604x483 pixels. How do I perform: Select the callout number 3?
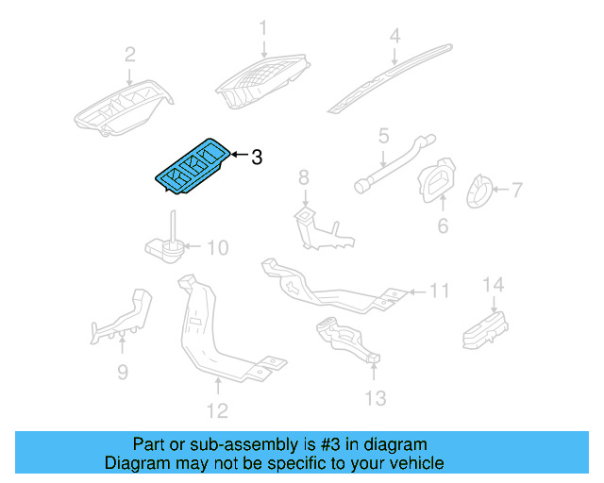point(256,157)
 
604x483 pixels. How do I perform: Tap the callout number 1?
point(264,27)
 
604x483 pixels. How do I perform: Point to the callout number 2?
point(130,54)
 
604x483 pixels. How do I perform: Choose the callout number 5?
point(383,137)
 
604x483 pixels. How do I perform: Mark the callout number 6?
point(442,226)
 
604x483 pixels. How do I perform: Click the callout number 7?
point(516,190)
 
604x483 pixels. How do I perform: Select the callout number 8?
point(303,176)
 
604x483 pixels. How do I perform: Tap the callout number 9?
point(122,373)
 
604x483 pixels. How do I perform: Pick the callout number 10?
point(217,248)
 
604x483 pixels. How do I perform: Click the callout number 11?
point(440,291)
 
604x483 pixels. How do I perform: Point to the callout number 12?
point(217,410)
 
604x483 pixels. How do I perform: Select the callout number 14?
point(494,284)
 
